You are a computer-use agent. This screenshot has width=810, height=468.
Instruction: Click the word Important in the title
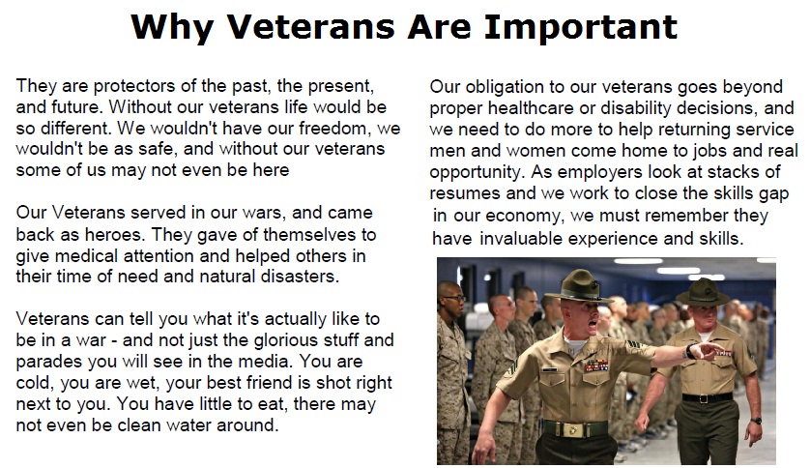(580, 27)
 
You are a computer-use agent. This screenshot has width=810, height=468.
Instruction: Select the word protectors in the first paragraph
(131, 86)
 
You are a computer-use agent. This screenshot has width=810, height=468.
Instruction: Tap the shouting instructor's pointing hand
(706, 351)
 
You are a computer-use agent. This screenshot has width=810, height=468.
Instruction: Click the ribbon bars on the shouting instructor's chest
(595, 366)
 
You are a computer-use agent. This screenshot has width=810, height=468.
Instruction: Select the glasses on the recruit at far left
(454, 298)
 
